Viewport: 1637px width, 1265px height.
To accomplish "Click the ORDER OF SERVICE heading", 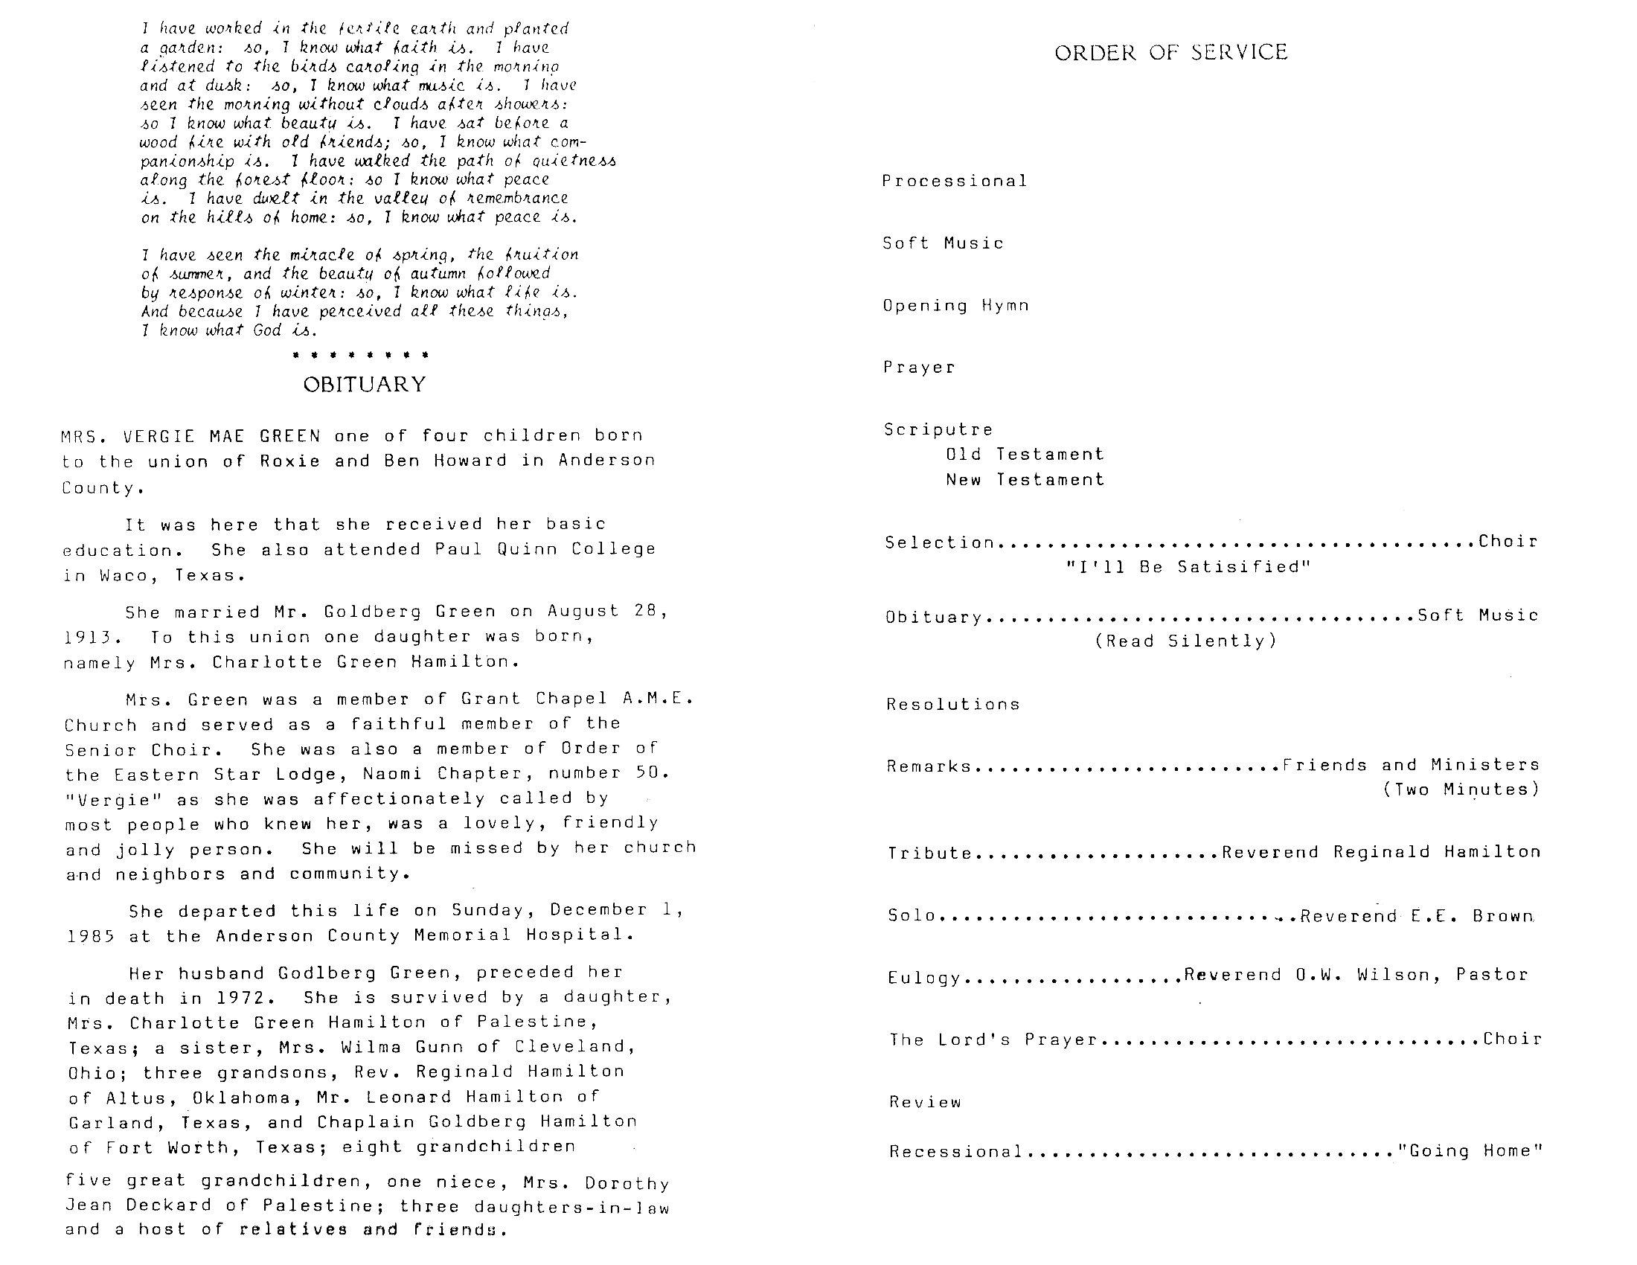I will coord(1170,51).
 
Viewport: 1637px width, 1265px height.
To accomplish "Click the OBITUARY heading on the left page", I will coord(365,385).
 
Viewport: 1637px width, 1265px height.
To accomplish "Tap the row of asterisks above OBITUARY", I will coord(361,354).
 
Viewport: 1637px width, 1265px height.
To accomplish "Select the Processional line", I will coord(954,181).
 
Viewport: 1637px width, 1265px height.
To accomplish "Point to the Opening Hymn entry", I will coord(955,305).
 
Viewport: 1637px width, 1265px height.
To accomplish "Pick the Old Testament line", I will coord(1025,454).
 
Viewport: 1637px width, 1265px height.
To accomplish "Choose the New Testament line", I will coord(1025,480).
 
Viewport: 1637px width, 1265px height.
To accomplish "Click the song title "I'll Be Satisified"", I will coord(1188,566).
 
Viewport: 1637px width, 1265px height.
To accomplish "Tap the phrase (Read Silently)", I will coord(1186,641).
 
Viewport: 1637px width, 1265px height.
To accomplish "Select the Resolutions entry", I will coord(952,704).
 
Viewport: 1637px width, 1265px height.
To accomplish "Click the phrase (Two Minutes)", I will coord(1461,789).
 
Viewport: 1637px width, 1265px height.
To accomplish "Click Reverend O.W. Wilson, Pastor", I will coord(1355,975).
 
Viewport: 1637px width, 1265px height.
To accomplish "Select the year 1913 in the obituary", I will coord(89,638).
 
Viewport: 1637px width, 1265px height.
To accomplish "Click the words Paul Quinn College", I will coord(545,548).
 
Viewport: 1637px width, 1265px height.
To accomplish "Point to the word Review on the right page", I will coord(925,1101).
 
